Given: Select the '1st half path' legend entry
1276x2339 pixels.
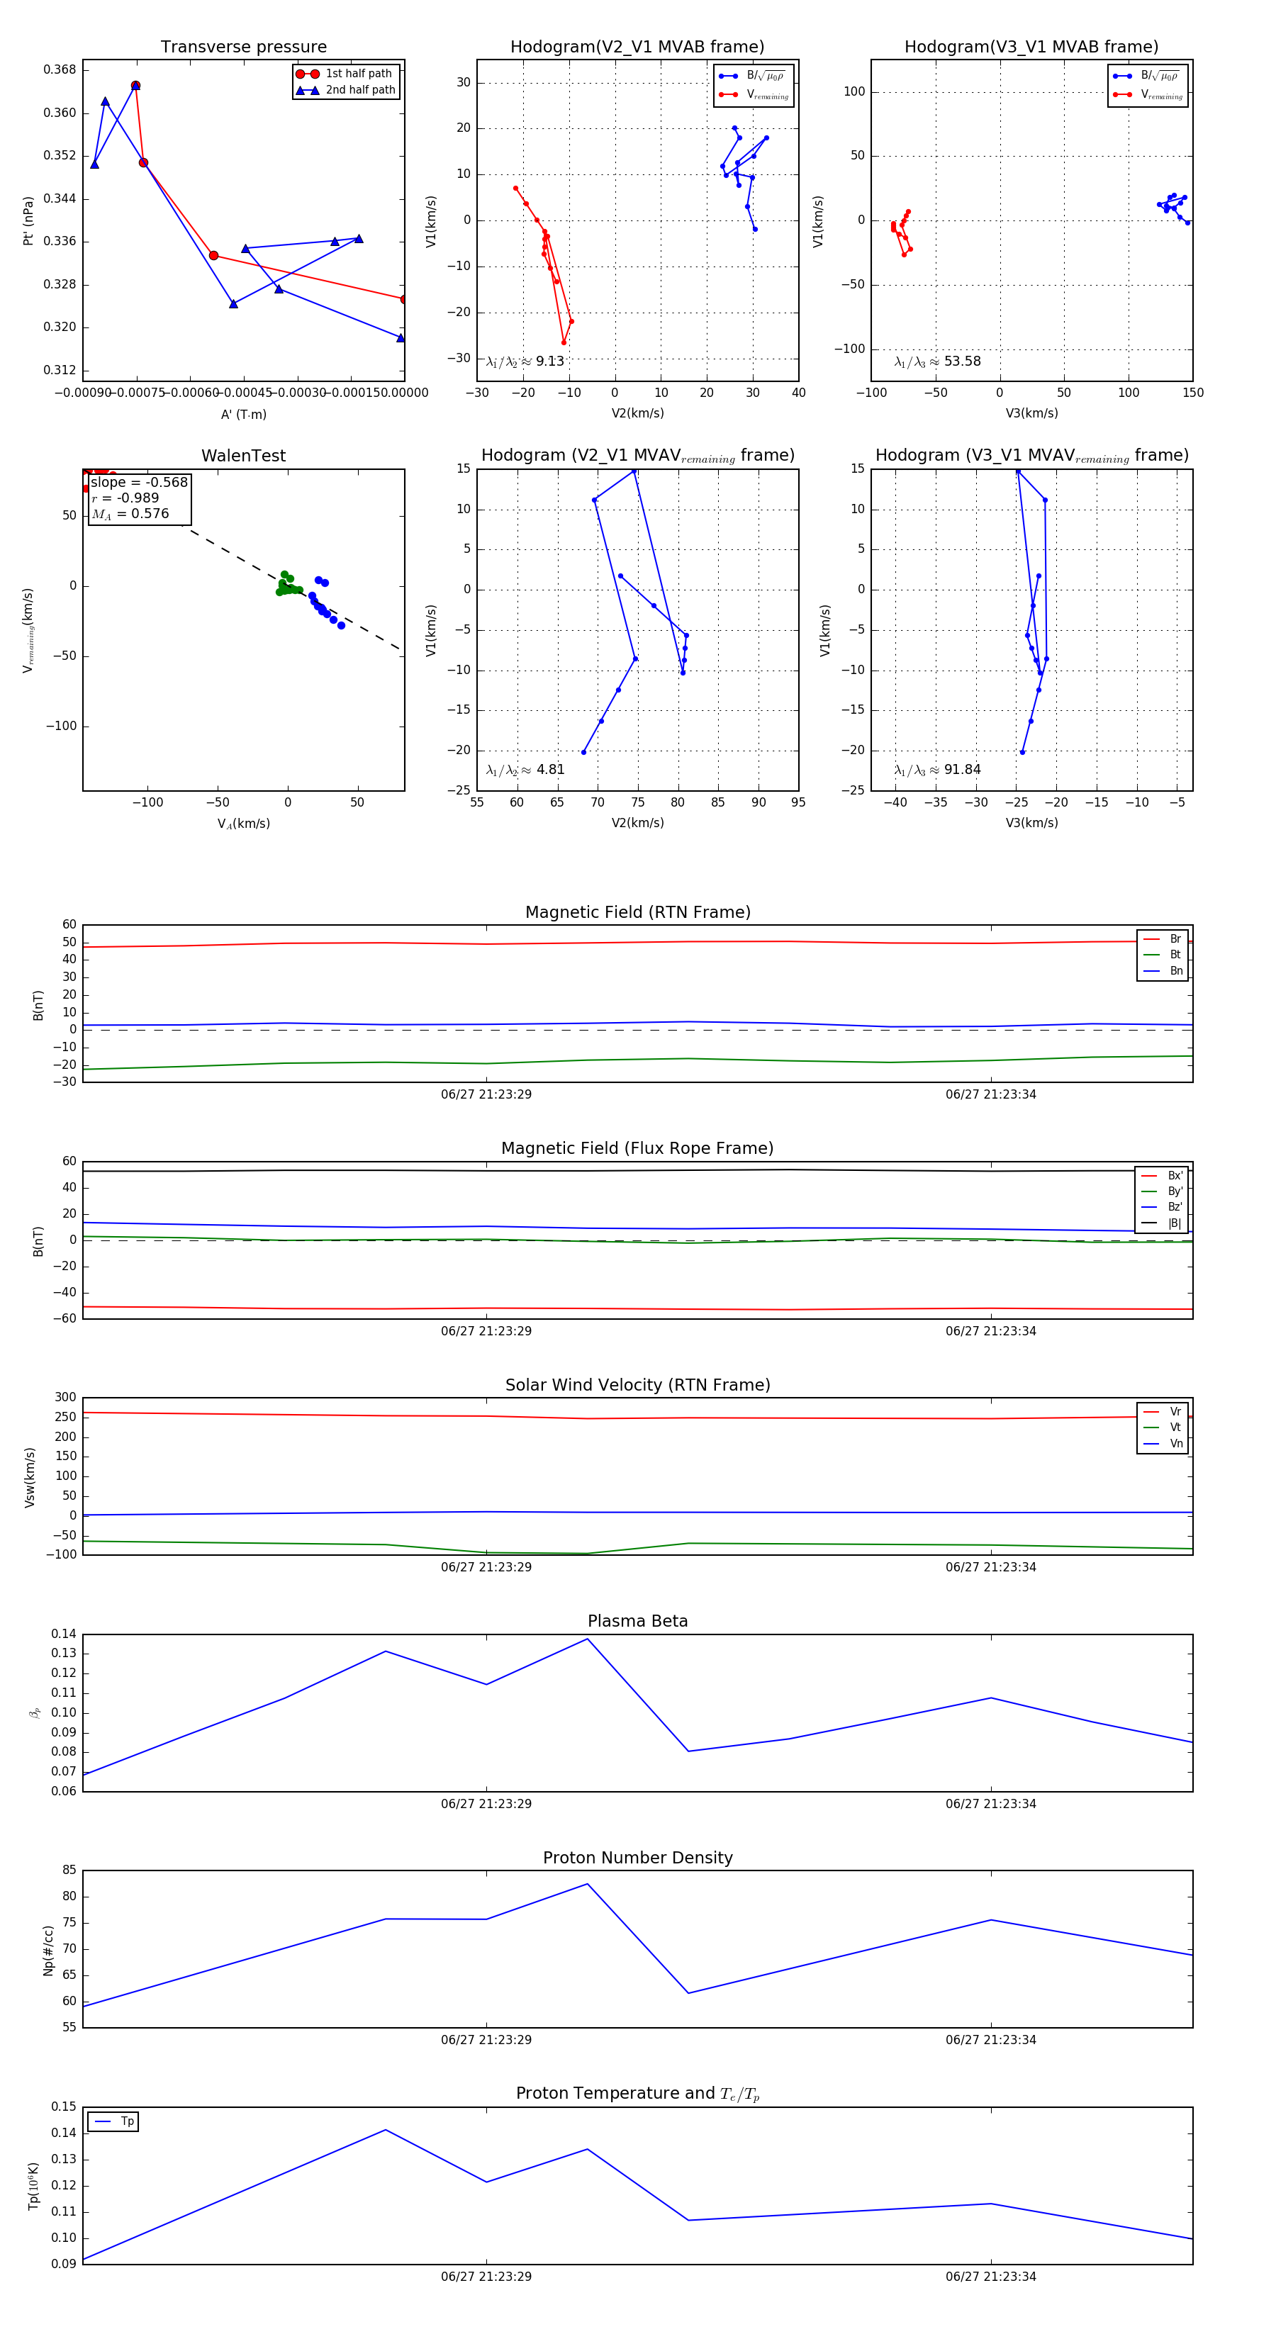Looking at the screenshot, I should click(358, 74).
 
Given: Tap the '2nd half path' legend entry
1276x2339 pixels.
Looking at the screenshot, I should click(359, 90).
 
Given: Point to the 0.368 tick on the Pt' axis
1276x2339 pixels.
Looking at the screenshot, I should click(60, 70).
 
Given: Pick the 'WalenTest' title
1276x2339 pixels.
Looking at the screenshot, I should click(243, 456).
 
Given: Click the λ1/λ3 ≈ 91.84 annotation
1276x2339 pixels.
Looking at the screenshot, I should click(937, 770).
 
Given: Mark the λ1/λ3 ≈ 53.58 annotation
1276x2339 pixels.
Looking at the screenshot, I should click(937, 361).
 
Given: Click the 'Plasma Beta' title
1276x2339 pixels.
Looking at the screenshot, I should click(637, 1622).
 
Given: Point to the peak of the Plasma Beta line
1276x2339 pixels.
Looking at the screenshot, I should click(588, 1639).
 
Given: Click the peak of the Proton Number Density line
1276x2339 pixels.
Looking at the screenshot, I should click(588, 1884).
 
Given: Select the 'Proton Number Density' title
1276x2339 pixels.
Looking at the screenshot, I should click(637, 1858).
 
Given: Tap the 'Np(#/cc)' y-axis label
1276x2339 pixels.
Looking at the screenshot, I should click(48, 1951).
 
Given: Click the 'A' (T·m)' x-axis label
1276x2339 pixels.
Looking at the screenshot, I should click(243, 414).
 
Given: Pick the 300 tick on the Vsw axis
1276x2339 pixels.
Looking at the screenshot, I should click(65, 1398).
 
